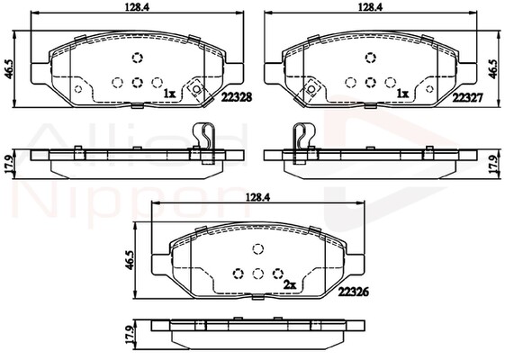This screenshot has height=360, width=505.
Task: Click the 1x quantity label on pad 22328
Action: (168, 93)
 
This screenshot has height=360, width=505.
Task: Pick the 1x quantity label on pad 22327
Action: (402, 93)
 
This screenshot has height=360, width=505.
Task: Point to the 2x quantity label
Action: (290, 284)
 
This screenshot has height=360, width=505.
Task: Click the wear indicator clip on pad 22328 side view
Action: (205, 141)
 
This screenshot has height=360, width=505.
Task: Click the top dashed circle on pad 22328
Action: (138, 59)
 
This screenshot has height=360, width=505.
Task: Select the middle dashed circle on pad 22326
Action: (258, 274)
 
